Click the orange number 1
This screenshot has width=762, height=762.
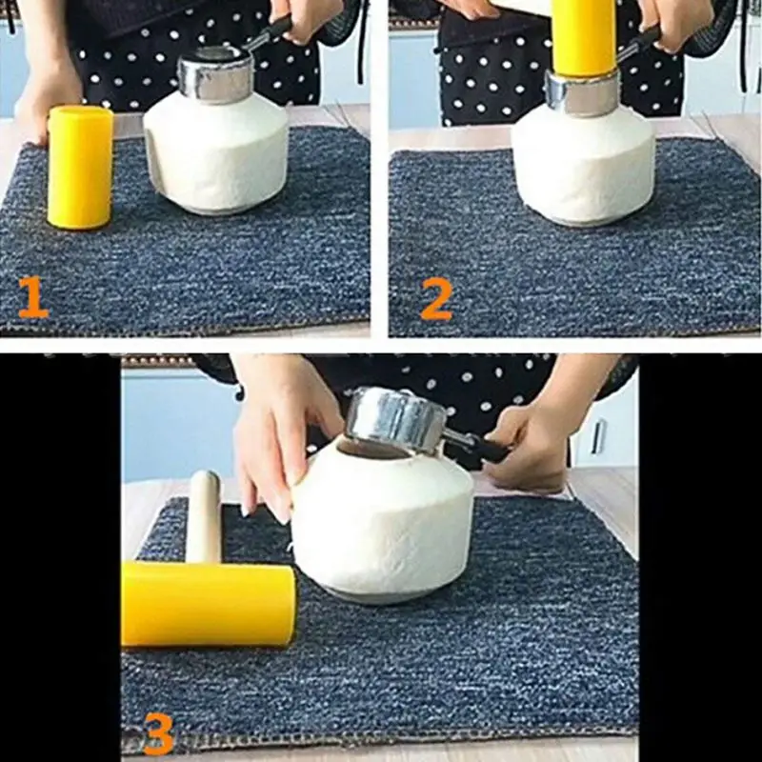tap(33, 297)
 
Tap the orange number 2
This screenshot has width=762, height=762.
tap(436, 299)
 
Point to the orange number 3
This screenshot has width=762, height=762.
tap(159, 733)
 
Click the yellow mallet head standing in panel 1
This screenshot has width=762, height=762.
tap(80, 168)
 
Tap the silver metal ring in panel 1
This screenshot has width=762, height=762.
tap(216, 74)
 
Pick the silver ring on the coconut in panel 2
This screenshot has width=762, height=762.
tap(582, 93)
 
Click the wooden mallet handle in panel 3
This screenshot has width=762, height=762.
tap(204, 516)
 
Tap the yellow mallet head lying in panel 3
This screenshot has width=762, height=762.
tap(208, 604)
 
